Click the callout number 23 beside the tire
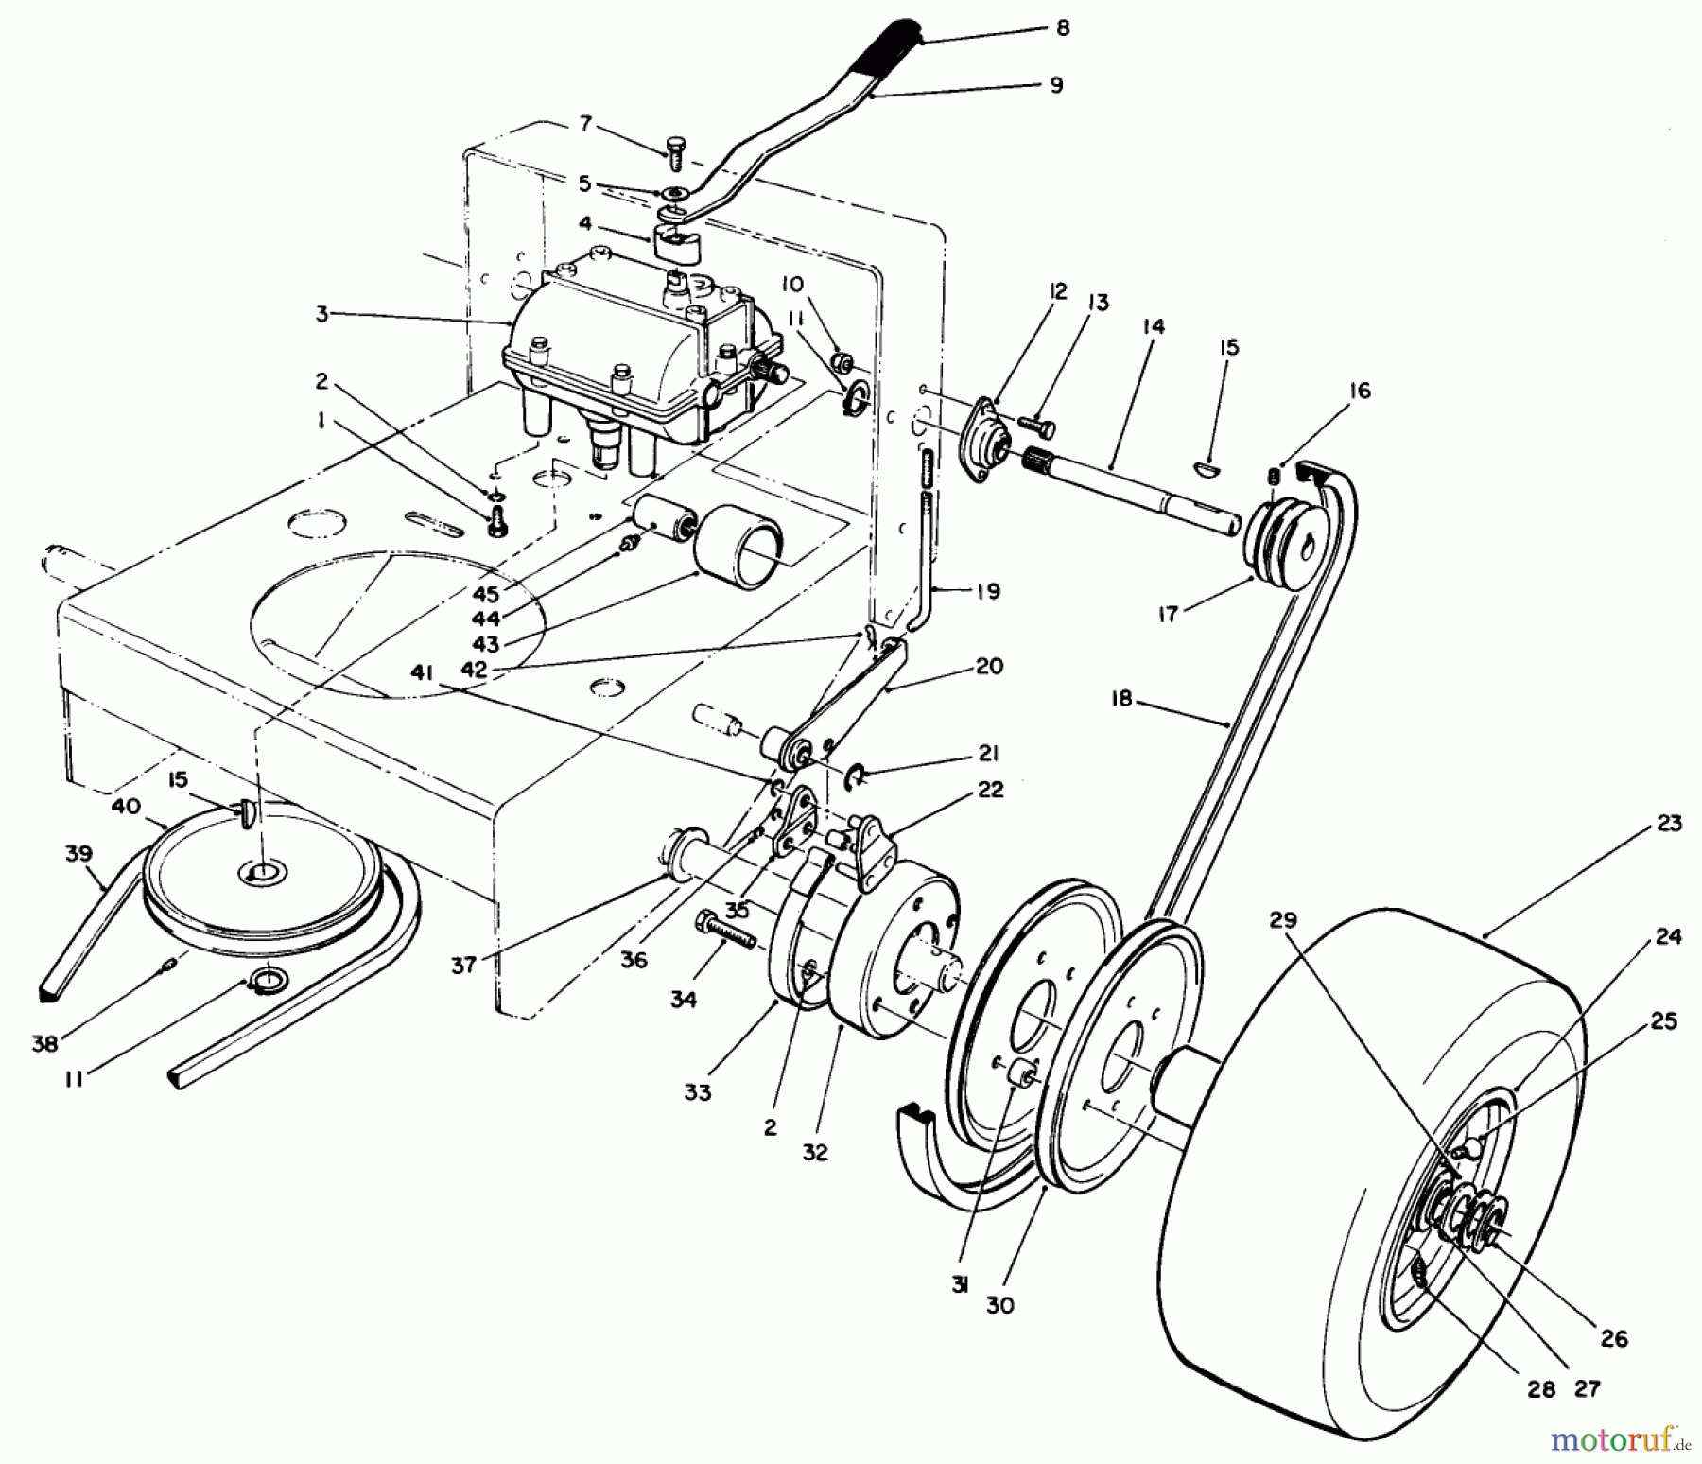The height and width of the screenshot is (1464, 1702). coord(1670,823)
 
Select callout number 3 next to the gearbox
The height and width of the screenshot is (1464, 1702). coord(322,313)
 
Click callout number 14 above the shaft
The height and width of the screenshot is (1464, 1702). coord(1153,326)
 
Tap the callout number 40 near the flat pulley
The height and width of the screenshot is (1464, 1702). coord(126,806)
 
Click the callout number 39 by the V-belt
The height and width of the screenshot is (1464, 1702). coord(78,853)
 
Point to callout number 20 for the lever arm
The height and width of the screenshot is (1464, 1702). coord(989,666)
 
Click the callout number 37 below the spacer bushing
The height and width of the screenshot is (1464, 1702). coord(463,966)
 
